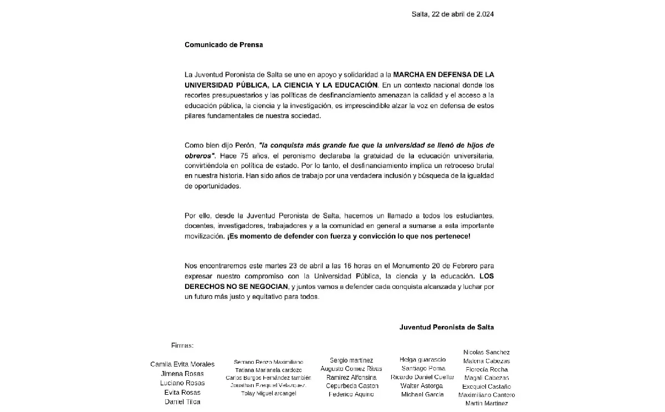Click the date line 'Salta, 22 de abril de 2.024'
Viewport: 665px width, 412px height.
pyautogui.click(x=452, y=14)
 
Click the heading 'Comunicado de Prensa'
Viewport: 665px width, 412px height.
pyautogui.click(x=223, y=45)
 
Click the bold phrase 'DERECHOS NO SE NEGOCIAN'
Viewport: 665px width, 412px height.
pyautogui.click(x=237, y=286)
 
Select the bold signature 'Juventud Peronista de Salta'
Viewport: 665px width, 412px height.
pyautogui.click(x=446, y=327)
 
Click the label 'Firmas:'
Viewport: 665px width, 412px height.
pyautogui.click(x=182, y=345)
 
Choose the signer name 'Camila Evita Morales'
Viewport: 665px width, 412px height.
pyautogui.click(x=182, y=364)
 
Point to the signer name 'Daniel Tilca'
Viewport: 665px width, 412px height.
pyautogui.click(x=182, y=401)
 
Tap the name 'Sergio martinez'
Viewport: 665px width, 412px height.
pyautogui.click(x=351, y=360)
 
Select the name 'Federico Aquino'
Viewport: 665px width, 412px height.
pyautogui.click(x=351, y=394)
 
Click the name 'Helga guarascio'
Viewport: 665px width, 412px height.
pyautogui.click(x=422, y=360)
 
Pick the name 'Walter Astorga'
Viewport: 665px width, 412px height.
pyautogui.click(x=422, y=386)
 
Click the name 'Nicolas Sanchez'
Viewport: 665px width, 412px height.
pyautogui.click(x=487, y=352)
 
